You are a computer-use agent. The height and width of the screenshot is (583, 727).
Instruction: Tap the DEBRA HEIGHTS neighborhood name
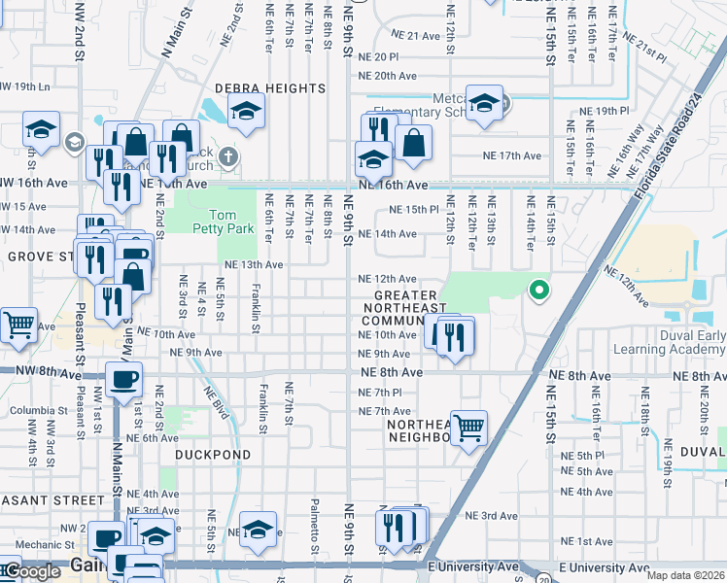(x=270, y=88)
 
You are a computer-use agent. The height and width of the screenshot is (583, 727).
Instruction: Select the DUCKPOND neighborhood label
(x=213, y=454)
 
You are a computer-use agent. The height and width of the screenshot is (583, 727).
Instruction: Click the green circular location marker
(x=537, y=290)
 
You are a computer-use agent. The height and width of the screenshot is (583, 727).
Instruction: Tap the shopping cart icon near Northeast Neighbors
(x=469, y=427)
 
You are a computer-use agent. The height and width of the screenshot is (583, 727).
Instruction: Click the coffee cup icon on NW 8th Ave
(x=123, y=380)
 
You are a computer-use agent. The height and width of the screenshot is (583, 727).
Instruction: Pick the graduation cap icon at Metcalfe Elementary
(x=483, y=104)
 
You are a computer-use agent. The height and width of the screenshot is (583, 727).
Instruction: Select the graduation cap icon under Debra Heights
(x=247, y=113)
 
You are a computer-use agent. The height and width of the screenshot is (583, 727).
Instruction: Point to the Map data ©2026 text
(x=686, y=575)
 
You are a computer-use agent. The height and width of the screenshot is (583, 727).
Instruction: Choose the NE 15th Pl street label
(x=415, y=210)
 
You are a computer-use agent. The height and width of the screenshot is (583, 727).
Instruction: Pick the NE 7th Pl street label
(x=380, y=393)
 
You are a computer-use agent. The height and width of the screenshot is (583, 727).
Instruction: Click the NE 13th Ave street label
(x=253, y=264)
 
